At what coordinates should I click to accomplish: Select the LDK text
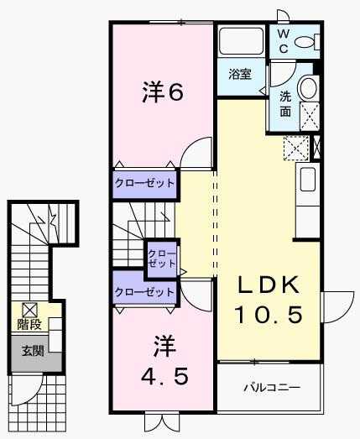[268, 286]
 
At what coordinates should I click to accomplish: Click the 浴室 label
[240, 74]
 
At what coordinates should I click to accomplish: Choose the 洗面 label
[286, 102]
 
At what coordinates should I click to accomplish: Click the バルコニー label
[271, 388]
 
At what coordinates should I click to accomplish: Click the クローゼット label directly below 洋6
[144, 182]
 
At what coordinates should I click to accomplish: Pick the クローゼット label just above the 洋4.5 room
[144, 292]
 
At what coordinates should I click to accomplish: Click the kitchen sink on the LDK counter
[307, 180]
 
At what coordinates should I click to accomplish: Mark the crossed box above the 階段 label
[30, 309]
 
